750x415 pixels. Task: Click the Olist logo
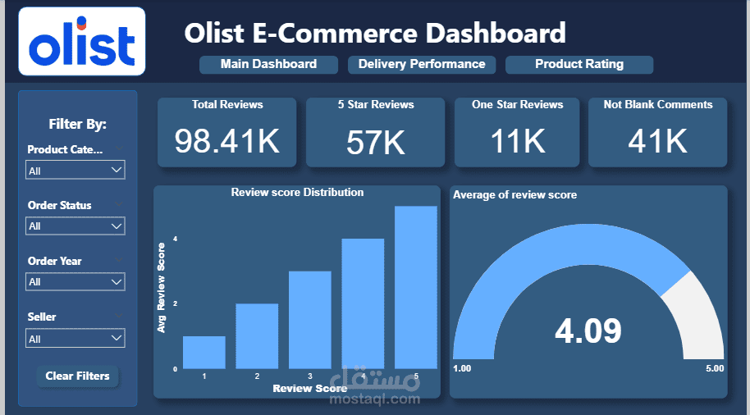tap(81, 42)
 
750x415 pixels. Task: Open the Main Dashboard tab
tap(268, 64)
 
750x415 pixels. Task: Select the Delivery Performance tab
tap(422, 64)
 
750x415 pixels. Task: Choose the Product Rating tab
tap(579, 64)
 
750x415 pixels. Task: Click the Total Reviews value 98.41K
tap(227, 140)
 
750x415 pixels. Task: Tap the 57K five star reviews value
tap(375, 143)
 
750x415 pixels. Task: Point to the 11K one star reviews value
tap(518, 141)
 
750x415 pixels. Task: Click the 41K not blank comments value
tap(657, 141)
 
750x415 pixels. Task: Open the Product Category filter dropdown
tap(75, 171)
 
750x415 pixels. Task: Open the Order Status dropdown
tap(75, 226)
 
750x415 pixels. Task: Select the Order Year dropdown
tap(75, 281)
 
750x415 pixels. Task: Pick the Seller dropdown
tap(75, 338)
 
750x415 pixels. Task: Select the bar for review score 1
tap(204, 352)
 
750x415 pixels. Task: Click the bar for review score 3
tap(309, 320)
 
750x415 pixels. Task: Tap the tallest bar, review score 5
tap(415, 287)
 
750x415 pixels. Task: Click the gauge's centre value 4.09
tap(588, 330)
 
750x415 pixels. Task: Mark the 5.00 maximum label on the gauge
tap(714, 368)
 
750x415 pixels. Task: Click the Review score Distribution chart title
tap(297, 192)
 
